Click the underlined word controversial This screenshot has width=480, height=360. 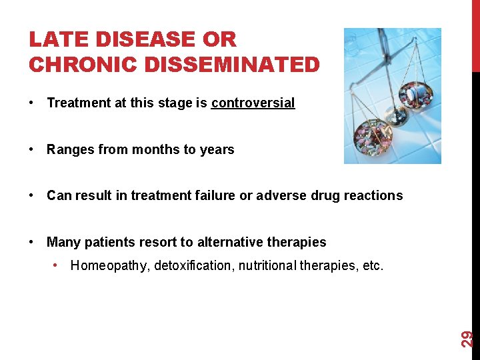pyautogui.click(x=253, y=103)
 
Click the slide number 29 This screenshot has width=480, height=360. pyautogui.click(x=468, y=338)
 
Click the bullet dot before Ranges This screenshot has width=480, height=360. pyautogui.click(x=32, y=149)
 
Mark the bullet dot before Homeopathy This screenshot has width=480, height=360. pyautogui.click(x=57, y=266)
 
